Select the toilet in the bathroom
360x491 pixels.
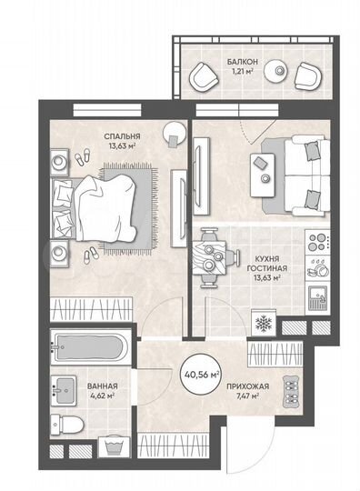[x=65, y=425]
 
